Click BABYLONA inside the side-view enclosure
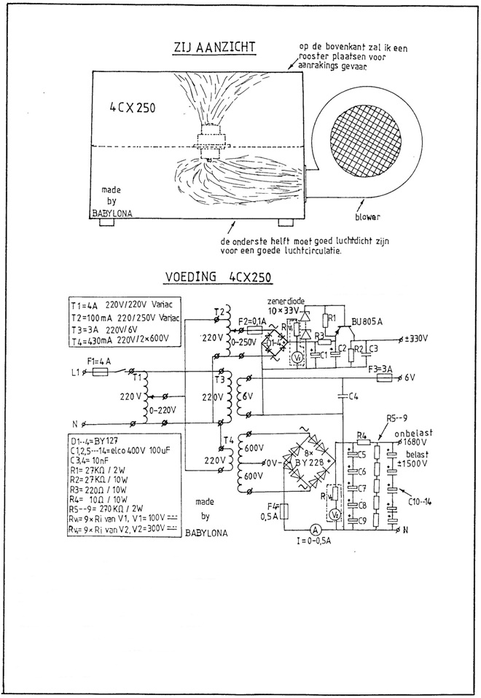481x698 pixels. tap(114, 214)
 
